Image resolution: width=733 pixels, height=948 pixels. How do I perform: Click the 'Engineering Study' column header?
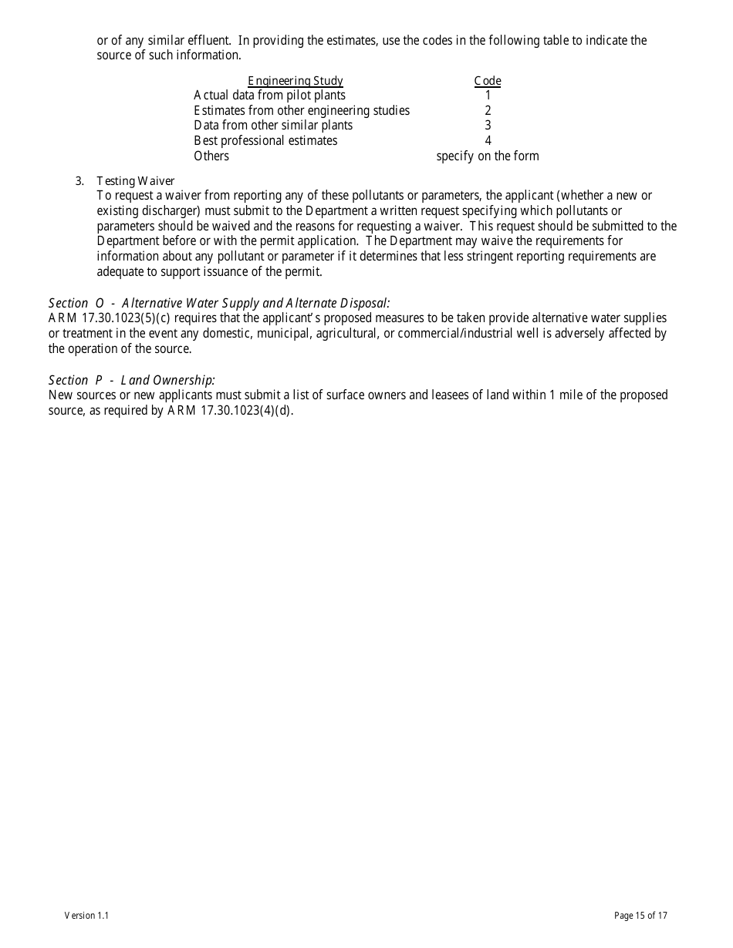[295, 81]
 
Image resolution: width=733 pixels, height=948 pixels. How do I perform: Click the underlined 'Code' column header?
[487, 81]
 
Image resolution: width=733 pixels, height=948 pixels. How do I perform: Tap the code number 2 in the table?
[488, 111]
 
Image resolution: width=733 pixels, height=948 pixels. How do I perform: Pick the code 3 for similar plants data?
[488, 126]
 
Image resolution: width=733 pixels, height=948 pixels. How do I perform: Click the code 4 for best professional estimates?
[488, 141]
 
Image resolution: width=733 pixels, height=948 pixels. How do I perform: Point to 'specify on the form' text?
[488, 156]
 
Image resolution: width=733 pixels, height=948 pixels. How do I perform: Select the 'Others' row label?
[211, 156]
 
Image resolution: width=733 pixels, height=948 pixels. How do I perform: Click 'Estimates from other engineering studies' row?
[302, 111]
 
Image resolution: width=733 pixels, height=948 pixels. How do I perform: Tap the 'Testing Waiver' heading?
[136, 181]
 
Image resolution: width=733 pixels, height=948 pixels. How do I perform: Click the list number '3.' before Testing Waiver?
[79, 181]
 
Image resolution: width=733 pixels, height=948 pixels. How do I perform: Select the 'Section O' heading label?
[76, 303]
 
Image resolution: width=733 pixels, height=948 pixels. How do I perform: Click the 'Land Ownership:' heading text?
[167, 380]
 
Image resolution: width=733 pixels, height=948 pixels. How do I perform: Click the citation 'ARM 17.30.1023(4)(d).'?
[231, 411]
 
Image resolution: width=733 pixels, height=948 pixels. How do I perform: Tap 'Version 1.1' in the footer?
[86, 916]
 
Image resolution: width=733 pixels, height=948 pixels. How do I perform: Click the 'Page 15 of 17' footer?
[640, 916]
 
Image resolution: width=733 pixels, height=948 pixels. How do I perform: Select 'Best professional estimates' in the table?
[265, 141]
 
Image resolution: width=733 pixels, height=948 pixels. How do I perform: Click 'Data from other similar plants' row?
[273, 126]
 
